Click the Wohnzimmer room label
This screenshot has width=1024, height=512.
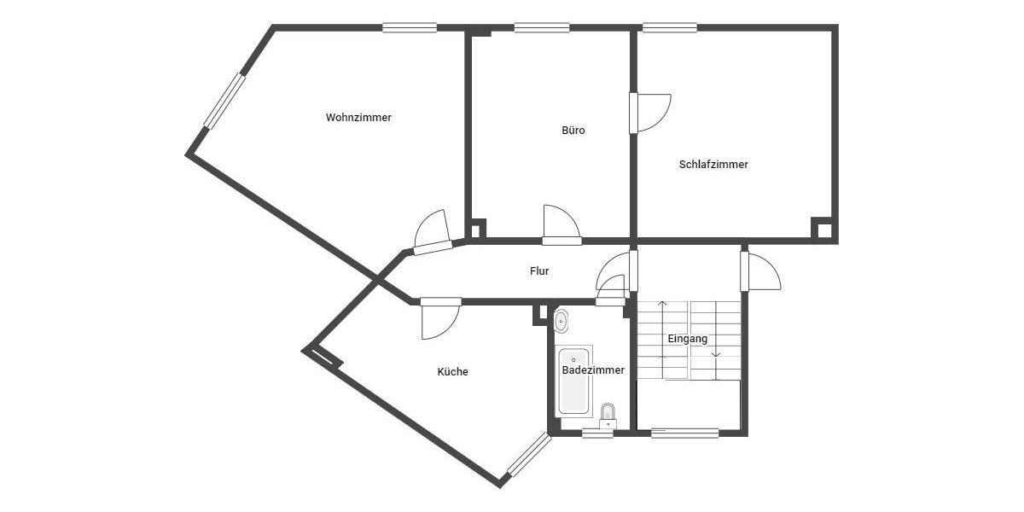358,118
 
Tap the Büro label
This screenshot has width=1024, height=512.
573,131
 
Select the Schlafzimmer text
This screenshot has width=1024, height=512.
713,165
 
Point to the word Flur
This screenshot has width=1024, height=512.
539,271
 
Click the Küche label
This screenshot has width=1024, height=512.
452,372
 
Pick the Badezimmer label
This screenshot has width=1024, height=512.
593,370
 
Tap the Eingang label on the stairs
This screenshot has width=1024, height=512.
687,339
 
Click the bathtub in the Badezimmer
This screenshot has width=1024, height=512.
573,381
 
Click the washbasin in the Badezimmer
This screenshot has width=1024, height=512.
561,322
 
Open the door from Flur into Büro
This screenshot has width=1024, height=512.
561,225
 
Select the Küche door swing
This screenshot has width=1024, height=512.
440,319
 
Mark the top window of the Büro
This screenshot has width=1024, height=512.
541,27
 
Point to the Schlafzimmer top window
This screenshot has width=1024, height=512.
670,27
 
